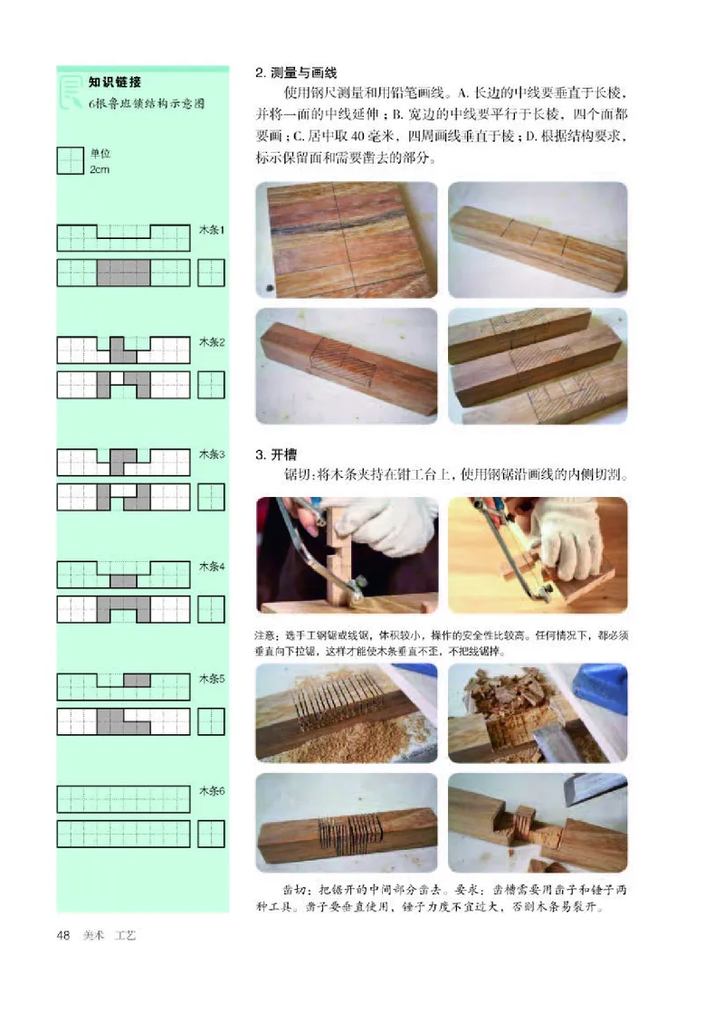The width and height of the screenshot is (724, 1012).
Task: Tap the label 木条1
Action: pyautogui.click(x=212, y=231)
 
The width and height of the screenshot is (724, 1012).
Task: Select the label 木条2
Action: pyautogui.click(x=212, y=343)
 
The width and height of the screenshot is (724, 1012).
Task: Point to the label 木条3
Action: pyautogui.click(x=212, y=454)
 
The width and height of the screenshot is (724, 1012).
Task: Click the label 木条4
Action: pyautogui.click(x=212, y=567)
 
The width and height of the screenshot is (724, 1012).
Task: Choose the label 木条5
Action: pyautogui.click(x=212, y=678)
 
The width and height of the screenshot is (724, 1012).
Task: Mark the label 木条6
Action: pyautogui.click(x=212, y=790)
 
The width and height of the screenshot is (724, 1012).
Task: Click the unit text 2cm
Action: pyautogui.click(x=99, y=170)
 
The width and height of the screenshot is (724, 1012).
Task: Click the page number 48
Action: pyautogui.click(x=64, y=934)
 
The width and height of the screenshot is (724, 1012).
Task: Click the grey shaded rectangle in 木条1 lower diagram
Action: pyautogui.click(x=123, y=272)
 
